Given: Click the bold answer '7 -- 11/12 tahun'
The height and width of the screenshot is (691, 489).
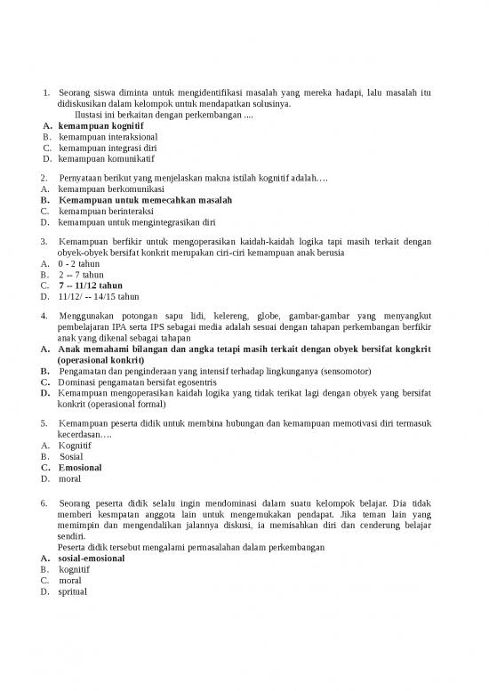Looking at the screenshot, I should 91,285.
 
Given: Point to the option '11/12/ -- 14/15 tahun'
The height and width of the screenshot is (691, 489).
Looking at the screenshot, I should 98,296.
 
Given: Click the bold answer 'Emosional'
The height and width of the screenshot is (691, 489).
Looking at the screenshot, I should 80,467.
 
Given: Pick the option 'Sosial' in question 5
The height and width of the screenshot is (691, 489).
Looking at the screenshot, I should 71,456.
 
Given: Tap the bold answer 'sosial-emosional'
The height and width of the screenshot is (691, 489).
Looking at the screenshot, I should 92,558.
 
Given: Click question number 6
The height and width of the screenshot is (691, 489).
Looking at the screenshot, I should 44,504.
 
